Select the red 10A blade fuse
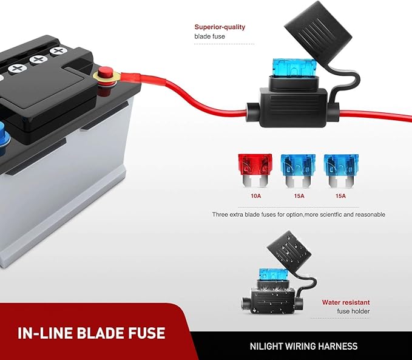coord(255,171)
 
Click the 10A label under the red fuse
coord(255,196)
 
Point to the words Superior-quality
coord(220,27)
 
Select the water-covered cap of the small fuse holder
coord(289,250)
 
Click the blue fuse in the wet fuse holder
coord(273,274)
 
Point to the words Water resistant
coord(346,302)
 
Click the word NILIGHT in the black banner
coord(266,346)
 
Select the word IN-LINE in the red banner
coord(46,333)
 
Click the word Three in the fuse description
coord(220,214)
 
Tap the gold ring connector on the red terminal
coord(107,76)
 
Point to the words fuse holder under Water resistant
coord(353,311)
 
